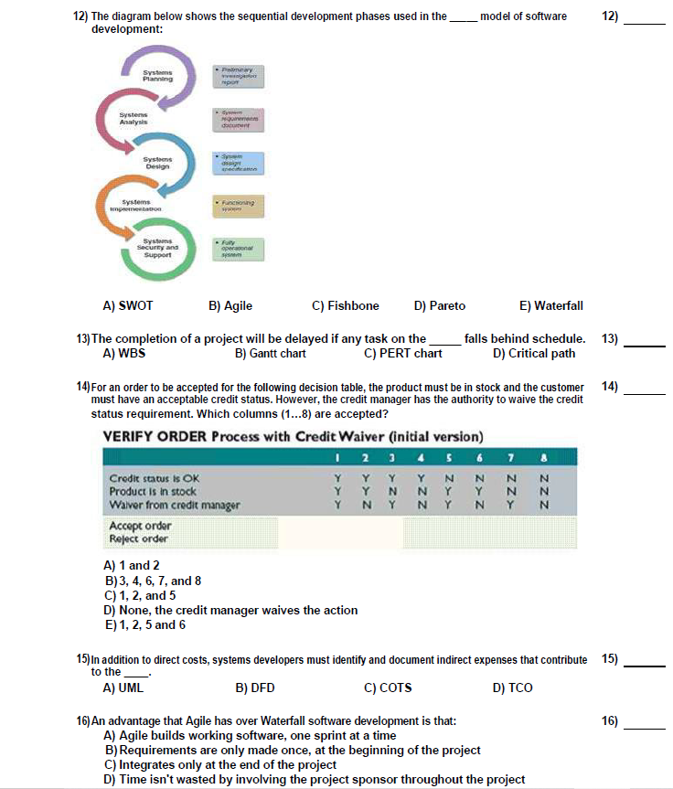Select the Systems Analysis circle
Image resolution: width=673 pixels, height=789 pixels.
tap(134, 119)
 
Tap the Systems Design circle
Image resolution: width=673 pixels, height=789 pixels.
tap(156, 163)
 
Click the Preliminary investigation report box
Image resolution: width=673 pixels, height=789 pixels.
tap(237, 76)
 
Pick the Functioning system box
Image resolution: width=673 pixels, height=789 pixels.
tap(237, 205)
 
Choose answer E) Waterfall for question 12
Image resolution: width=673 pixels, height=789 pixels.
tap(550, 305)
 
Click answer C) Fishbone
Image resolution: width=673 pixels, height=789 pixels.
tap(345, 305)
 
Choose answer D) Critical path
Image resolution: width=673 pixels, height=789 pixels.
tap(534, 353)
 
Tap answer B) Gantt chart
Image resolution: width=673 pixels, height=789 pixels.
tap(270, 353)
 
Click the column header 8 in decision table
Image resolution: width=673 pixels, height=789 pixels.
tap(543, 456)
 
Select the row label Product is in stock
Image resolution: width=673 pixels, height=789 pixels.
tap(153, 492)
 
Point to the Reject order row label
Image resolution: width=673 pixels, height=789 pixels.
tap(138, 538)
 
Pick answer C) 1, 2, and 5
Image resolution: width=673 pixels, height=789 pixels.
tap(141, 595)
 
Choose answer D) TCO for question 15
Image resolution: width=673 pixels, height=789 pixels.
tap(512, 688)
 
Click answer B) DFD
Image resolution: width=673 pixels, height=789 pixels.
tap(255, 688)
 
